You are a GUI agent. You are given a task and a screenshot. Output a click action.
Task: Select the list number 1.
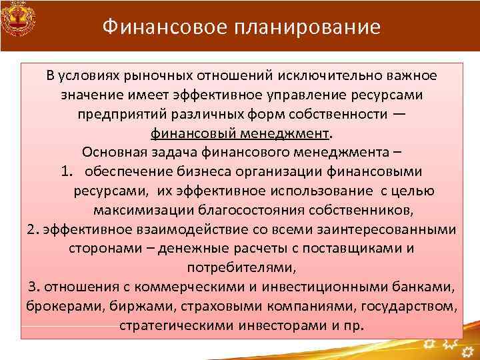click(65, 171)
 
